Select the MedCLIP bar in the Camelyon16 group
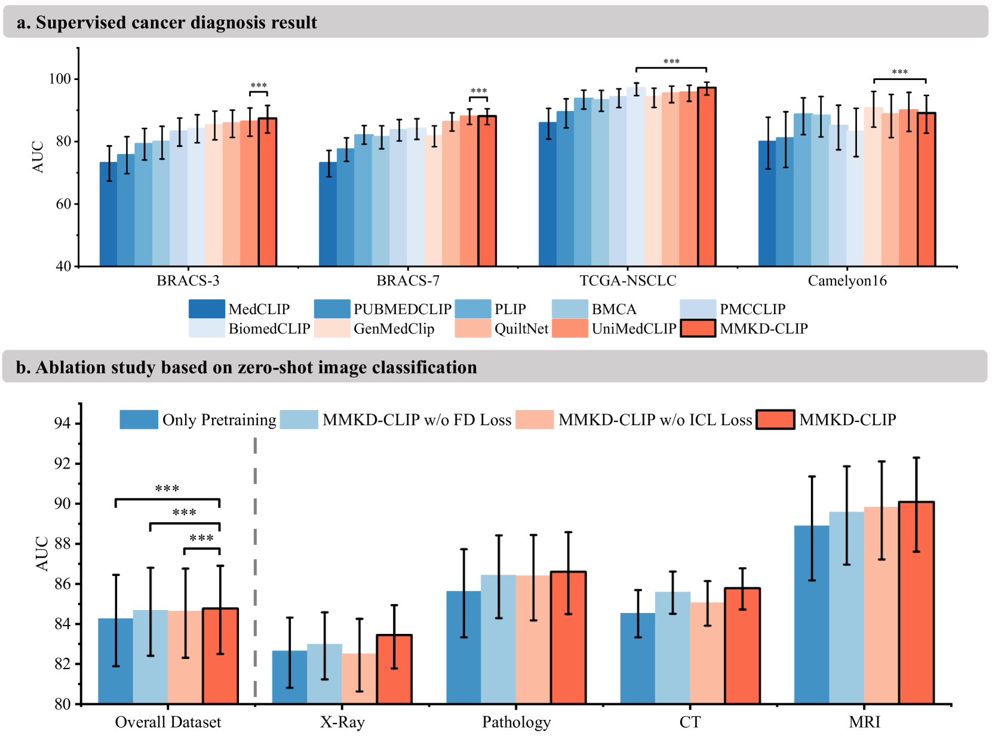point(767,204)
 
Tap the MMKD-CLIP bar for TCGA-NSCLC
point(707,177)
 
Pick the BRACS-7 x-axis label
point(407,281)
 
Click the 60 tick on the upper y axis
point(63,204)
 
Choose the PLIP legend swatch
point(472,309)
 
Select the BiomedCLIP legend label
point(269,329)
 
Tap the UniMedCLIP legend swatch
point(570,328)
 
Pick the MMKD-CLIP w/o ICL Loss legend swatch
point(535,420)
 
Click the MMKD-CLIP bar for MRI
point(916,603)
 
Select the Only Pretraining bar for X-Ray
point(290,677)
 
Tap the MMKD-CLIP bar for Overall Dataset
point(220,656)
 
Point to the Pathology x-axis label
point(516,722)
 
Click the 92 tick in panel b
point(62,464)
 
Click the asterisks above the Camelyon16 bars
point(899,72)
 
